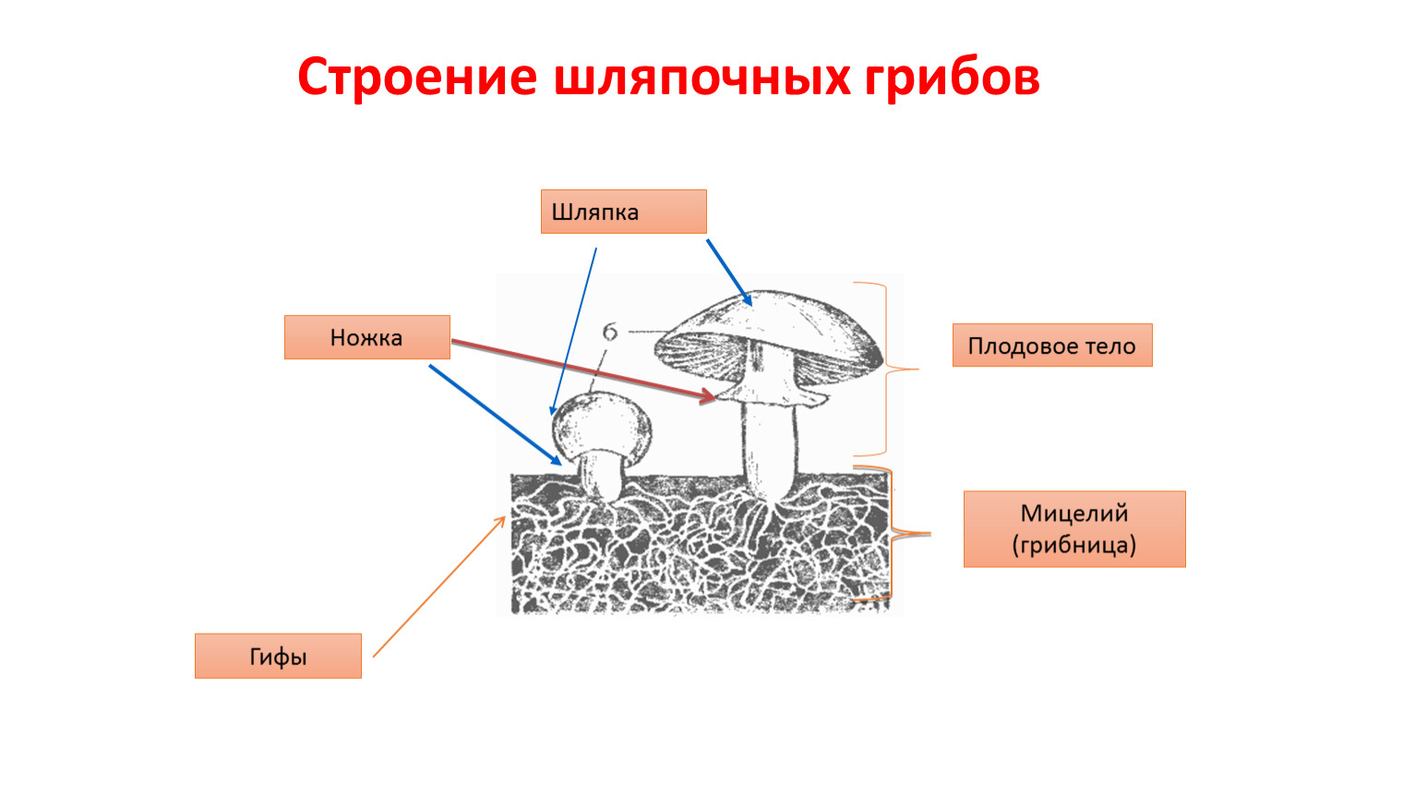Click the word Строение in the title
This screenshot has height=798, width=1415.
417,78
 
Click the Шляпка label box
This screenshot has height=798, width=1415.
623,212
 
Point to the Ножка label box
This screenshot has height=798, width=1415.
367,337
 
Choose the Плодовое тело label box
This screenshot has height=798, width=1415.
1052,345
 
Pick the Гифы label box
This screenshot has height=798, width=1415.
278,656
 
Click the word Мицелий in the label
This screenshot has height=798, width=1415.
1073,514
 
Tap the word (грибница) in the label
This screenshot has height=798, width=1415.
1073,545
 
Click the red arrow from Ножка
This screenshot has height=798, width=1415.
583,370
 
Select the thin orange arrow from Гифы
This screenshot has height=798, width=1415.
439,586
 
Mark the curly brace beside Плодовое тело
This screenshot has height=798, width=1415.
886,369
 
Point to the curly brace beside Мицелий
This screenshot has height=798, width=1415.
892,533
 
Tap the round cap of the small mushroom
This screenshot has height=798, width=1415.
602,426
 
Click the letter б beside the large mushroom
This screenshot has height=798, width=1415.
609,332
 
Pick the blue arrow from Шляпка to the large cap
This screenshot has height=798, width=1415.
729,272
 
